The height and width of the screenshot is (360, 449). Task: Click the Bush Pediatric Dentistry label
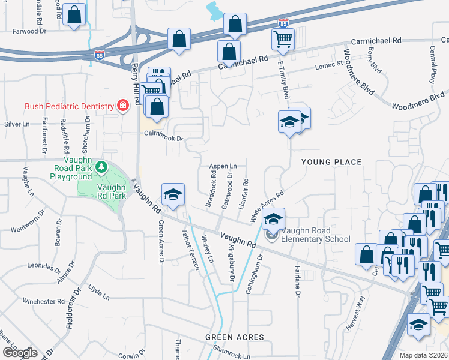69,106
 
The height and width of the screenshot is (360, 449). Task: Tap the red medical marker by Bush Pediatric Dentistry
123,106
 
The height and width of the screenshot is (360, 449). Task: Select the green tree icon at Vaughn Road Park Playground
102,166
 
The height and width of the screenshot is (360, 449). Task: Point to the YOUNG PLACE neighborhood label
331,162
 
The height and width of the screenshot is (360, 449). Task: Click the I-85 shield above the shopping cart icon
283,23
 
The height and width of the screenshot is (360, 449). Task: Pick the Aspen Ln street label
223,166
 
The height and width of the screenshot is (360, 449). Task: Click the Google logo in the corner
20,353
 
